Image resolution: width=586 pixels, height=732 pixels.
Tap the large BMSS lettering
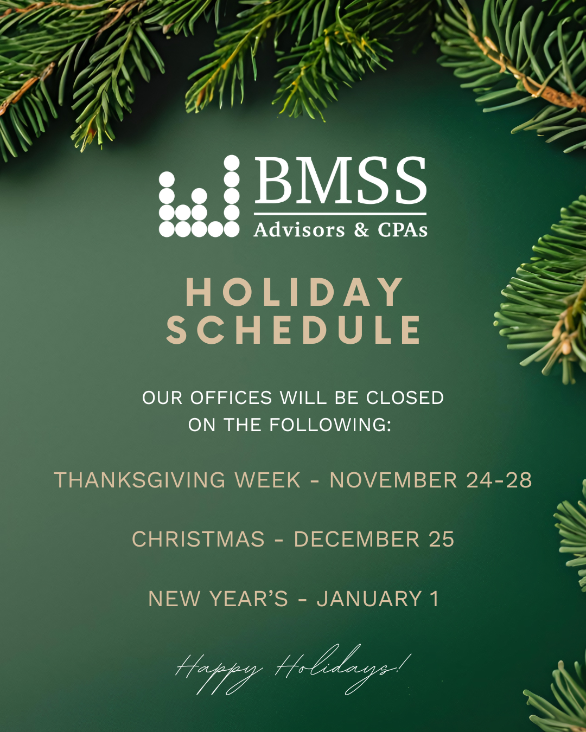[x=340, y=181]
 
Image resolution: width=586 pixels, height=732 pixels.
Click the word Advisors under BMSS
[x=299, y=230]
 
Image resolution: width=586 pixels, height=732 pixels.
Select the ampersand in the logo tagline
[x=361, y=230]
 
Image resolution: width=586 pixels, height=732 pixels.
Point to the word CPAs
[x=403, y=230]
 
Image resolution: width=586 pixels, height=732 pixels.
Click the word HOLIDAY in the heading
[x=294, y=292]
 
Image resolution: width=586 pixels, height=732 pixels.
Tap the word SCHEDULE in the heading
[x=294, y=330]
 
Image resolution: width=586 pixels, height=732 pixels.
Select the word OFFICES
[x=231, y=398]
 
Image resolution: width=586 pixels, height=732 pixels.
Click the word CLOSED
[x=405, y=398]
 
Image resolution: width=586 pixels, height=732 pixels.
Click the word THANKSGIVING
[x=139, y=480]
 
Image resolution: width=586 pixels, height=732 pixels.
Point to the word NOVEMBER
[x=393, y=480]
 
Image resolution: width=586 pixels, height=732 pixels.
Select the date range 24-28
[x=499, y=480]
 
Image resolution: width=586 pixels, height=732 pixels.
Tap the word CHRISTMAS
[x=198, y=540]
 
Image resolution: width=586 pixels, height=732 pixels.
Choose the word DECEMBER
[x=356, y=540]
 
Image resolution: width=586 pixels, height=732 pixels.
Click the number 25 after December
[x=441, y=540]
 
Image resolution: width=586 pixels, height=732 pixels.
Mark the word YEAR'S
[x=249, y=599]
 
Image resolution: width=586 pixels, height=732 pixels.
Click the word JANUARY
[x=369, y=599]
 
